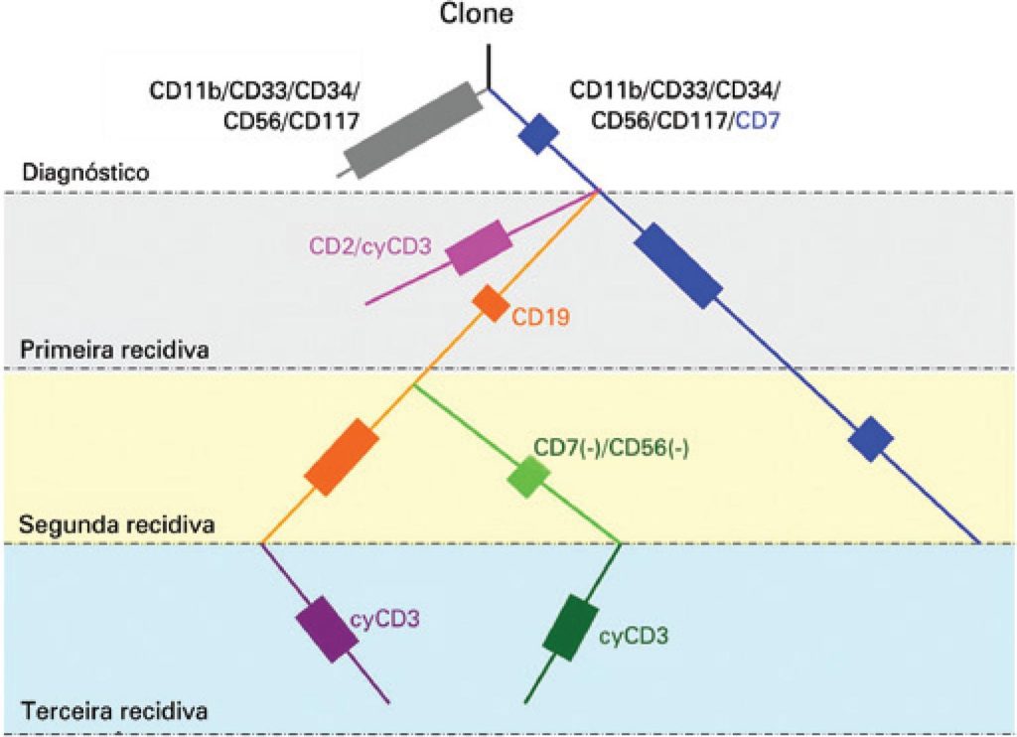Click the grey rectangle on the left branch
(408, 129)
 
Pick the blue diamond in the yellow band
(873, 438)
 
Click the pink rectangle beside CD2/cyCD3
(480, 247)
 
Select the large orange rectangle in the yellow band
(342, 458)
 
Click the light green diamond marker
(528, 478)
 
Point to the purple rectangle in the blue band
(328, 628)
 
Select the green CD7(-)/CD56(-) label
(611, 447)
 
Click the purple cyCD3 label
(385, 619)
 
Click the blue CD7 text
(760, 121)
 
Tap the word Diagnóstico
(84, 172)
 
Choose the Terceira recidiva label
(112, 711)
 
